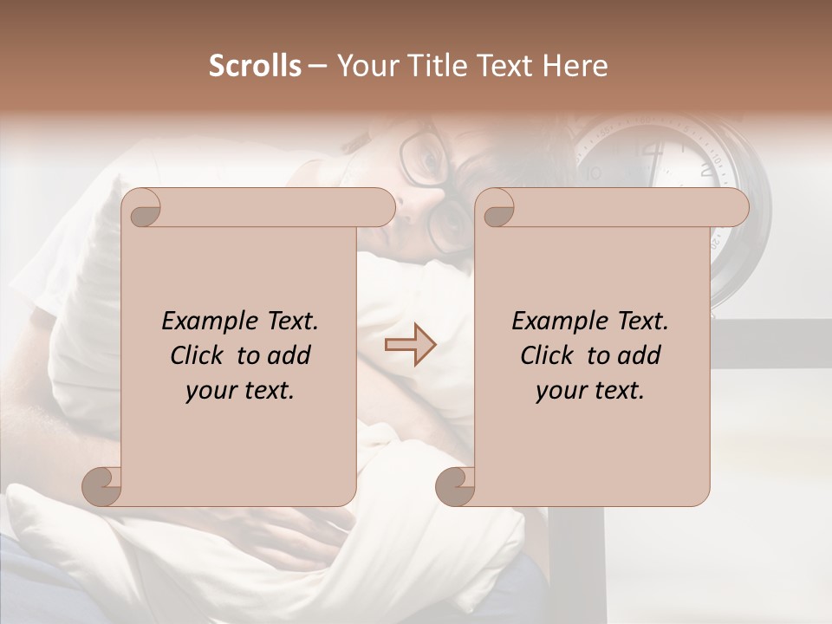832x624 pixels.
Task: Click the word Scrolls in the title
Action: [256, 66]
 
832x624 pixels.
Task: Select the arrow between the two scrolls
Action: [410, 345]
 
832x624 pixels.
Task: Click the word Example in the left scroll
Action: [203, 322]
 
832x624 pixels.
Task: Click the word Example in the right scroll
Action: [553, 322]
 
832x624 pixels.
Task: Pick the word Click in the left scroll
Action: [199, 355]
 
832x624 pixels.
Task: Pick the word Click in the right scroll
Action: [549, 355]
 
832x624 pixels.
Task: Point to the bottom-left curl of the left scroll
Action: [102, 486]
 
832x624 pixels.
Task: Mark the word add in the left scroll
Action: [289, 355]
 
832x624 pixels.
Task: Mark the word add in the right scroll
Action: [640, 355]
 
